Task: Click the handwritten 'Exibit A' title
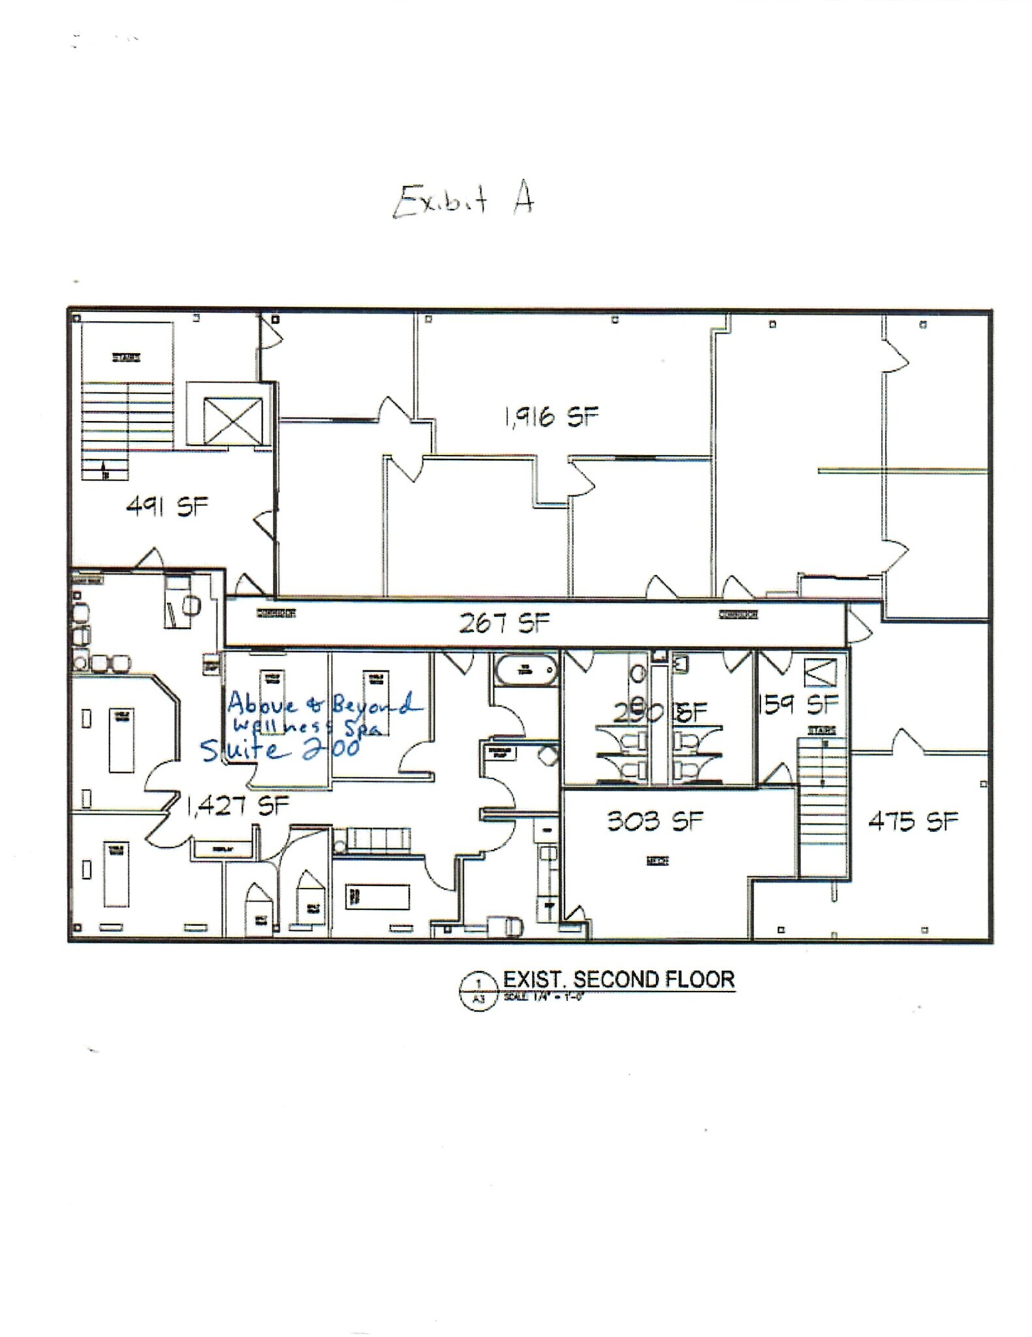(x=463, y=200)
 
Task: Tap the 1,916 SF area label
(x=551, y=416)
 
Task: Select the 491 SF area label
(x=167, y=506)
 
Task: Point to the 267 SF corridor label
(x=504, y=623)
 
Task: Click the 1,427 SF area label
(x=238, y=806)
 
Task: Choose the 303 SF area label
(x=655, y=821)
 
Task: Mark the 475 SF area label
(x=913, y=821)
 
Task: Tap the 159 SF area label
(x=800, y=704)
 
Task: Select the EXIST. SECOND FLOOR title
(x=619, y=979)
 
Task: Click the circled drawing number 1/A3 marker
(x=479, y=991)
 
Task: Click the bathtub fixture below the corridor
(x=526, y=669)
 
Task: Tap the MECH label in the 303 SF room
(x=657, y=862)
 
